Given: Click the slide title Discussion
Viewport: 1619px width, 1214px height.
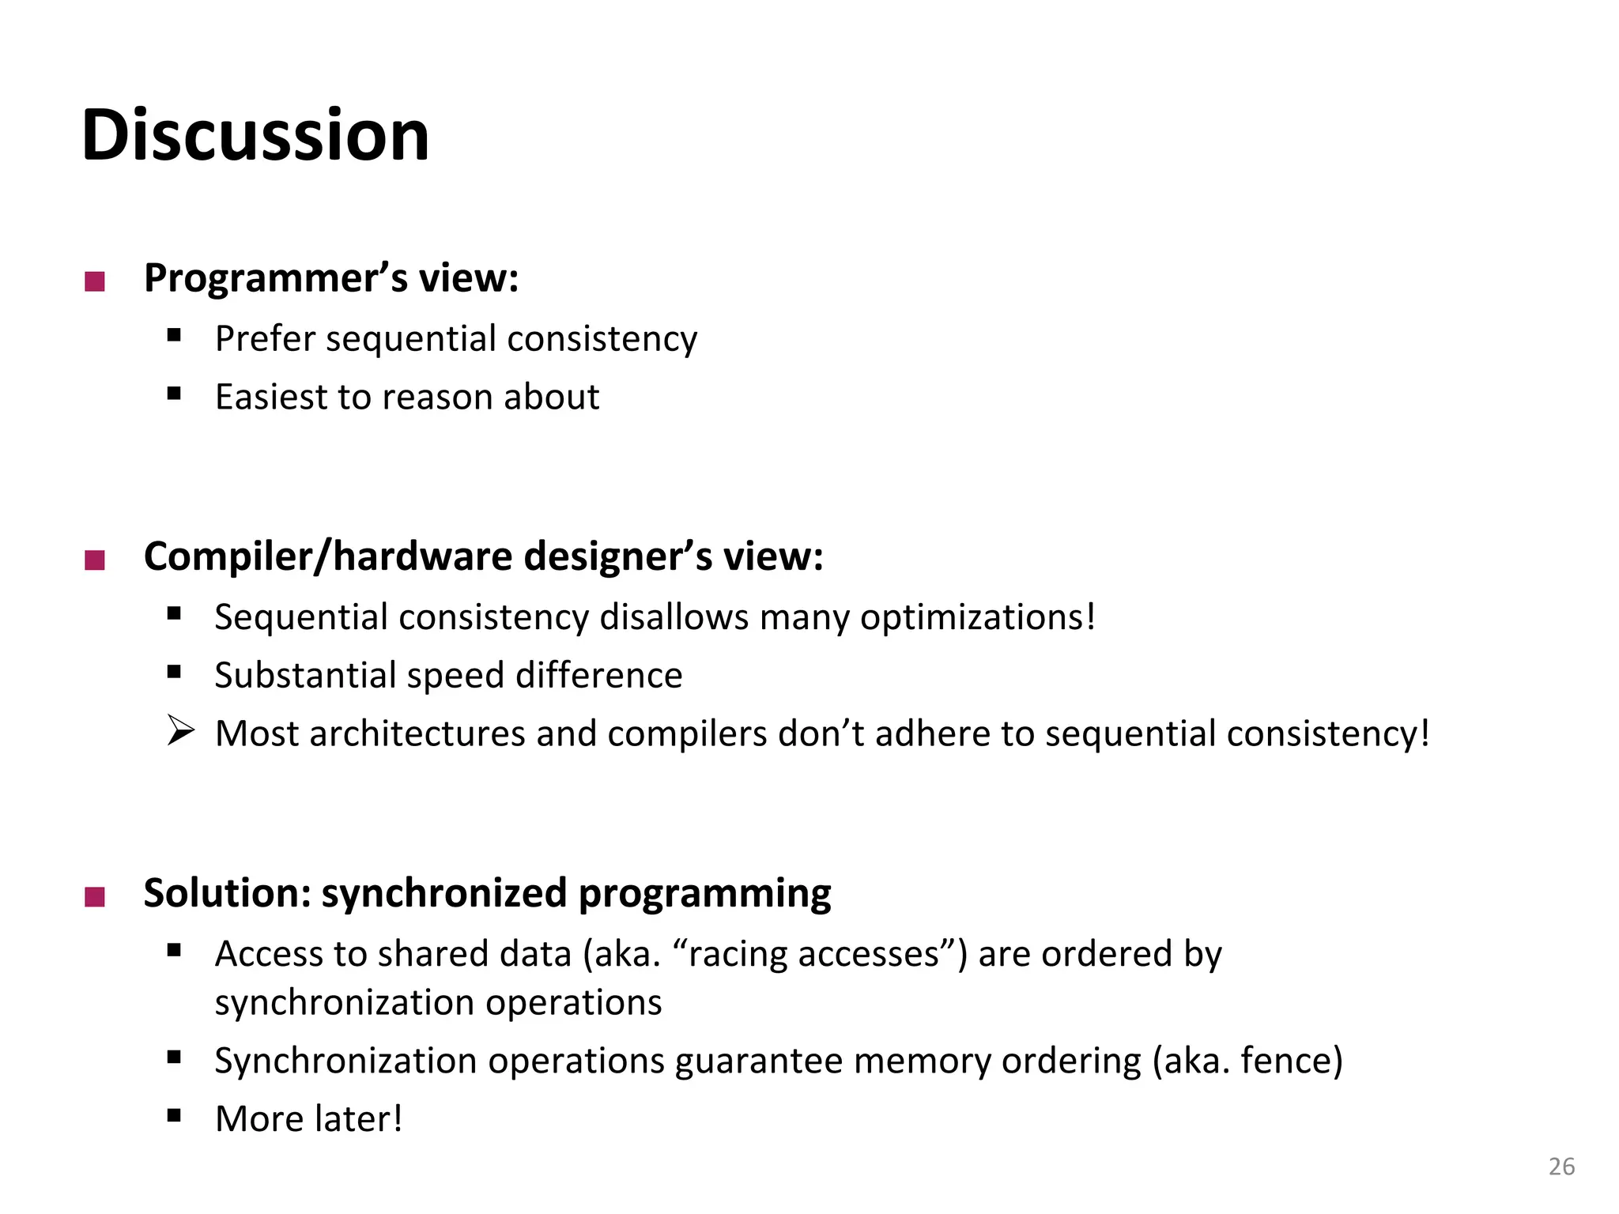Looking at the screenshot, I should (x=255, y=135).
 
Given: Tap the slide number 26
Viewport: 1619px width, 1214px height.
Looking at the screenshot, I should (x=1561, y=1167).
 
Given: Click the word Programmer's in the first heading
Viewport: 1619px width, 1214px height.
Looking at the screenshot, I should (x=275, y=278).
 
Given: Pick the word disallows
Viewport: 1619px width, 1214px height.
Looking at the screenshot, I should (x=674, y=617).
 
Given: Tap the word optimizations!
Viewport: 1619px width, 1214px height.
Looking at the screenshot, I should (x=978, y=618).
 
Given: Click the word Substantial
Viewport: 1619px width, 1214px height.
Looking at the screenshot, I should (x=305, y=676).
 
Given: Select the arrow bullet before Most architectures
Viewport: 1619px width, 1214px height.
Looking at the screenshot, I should (x=180, y=730).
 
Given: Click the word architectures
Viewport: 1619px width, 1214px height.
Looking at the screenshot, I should (x=417, y=734).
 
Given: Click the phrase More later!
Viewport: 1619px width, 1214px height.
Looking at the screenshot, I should (x=308, y=1119).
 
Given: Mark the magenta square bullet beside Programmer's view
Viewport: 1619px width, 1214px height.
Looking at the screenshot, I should (x=95, y=281).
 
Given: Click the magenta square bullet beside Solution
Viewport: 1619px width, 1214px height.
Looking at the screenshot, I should (x=95, y=897).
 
